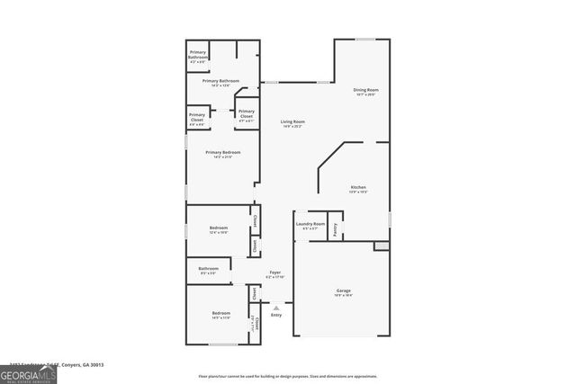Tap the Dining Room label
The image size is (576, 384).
pos(365,91)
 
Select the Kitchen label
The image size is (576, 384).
pos(358,189)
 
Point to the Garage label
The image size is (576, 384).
pos(344,292)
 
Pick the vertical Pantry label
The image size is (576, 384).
pos(335,229)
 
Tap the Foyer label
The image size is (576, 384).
pos(275,273)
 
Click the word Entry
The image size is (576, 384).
pos(276,315)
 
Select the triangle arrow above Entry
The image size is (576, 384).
pos(276,307)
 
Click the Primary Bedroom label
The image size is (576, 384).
pos(221,155)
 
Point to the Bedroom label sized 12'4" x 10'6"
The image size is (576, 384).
pos(219,229)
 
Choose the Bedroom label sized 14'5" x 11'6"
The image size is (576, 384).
pos(221,315)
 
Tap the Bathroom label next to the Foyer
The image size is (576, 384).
pos(209,270)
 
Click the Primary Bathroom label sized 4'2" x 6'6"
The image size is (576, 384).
pos(198,55)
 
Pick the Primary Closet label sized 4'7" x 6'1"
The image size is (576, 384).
pos(247,114)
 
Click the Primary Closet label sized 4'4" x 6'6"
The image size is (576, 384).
pos(197,118)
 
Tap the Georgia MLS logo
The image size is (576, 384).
pos(28,372)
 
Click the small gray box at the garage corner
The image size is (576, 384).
pos(382,246)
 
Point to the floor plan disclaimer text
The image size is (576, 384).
pos(288,376)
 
